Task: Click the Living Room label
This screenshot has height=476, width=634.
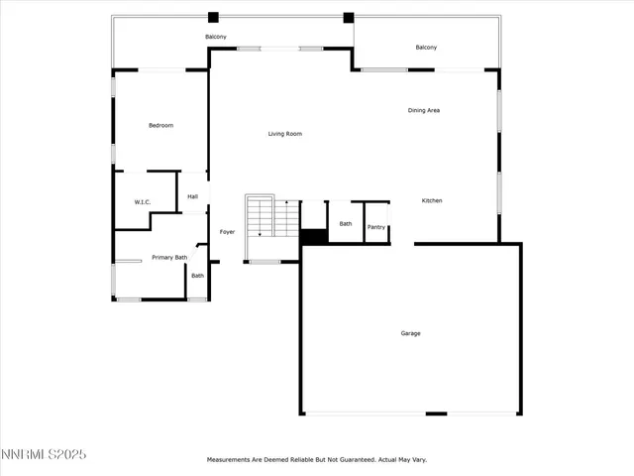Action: tap(284, 134)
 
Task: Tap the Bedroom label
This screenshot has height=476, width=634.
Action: tap(160, 125)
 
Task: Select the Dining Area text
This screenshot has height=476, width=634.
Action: tap(424, 110)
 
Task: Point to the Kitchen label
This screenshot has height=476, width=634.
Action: tap(432, 201)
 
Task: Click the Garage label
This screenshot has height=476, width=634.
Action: tap(410, 333)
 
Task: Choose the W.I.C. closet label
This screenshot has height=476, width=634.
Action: tap(142, 202)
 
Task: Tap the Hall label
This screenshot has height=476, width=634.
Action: tap(193, 196)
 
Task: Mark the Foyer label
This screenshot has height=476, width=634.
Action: tap(227, 232)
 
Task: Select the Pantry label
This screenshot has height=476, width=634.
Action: tap(376, 227)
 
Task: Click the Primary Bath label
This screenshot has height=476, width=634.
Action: tap(169, 258)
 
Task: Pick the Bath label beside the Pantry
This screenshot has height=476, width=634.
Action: tap(346, 224)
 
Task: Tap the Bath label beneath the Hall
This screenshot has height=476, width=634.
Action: tap(197, 276)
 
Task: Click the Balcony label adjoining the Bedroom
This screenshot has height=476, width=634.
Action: tap(216, 37)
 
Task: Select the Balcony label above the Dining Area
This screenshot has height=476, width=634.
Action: tap(426, 48)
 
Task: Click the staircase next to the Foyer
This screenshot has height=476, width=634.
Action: tap(272, 217)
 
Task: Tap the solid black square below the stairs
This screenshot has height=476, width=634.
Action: tap(313, 237)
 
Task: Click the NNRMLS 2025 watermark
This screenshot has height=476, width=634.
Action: tap(44, 454)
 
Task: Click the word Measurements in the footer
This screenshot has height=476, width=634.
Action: tap(230, 460)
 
